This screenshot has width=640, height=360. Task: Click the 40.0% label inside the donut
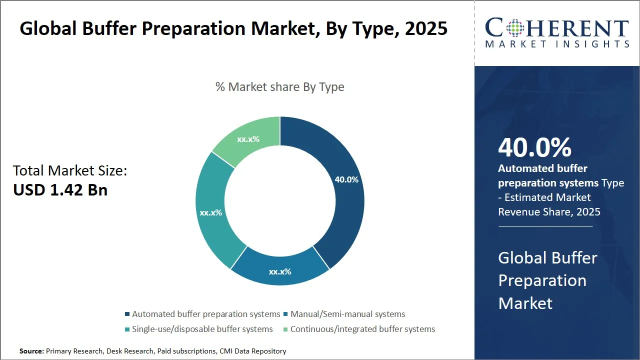coord(346,179)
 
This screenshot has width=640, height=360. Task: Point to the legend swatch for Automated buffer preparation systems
coord(127,314)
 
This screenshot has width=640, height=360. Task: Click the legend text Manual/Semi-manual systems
coord(347,314)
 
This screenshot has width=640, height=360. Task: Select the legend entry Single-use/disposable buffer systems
coord(202,329)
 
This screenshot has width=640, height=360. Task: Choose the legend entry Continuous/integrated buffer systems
coord(362,329)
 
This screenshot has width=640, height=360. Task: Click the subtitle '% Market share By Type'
coord(279,87)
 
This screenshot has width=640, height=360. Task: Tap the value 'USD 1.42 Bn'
coord(60,190)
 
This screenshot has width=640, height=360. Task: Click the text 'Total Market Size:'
coord(70,171)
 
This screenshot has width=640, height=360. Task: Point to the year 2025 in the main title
coord(426,29)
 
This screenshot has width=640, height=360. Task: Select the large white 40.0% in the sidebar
coord(534,147)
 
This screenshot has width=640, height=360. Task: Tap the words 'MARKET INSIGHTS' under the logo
coord(557,44)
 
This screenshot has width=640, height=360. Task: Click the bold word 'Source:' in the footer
coord(31,351)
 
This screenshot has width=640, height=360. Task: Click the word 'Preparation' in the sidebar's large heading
coord(542,280)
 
